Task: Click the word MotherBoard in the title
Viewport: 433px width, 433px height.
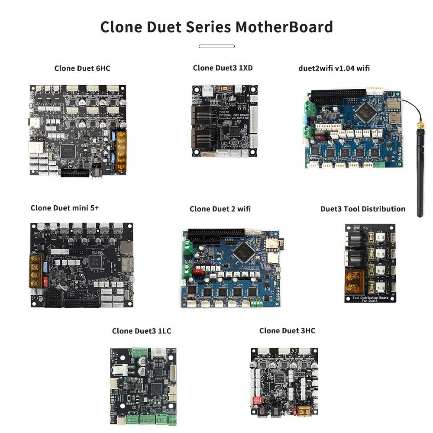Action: [284, 27]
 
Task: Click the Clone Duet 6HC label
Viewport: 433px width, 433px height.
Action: [82, 68]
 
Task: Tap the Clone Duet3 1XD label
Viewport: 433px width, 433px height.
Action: [223, 68]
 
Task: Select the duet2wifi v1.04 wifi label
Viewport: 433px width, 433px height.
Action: [334, 68]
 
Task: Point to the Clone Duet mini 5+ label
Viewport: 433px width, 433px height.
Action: [65, 208]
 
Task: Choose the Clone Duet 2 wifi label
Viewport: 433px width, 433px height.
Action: [220, 209]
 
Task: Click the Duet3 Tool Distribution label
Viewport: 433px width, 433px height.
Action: [363, 209]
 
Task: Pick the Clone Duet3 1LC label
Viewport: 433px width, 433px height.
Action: [142, 331]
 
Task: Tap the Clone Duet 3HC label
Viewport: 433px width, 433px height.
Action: [287, 331]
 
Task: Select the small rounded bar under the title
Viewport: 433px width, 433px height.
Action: [216, 46]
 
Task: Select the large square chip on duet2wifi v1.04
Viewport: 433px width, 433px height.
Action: [363, 110]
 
